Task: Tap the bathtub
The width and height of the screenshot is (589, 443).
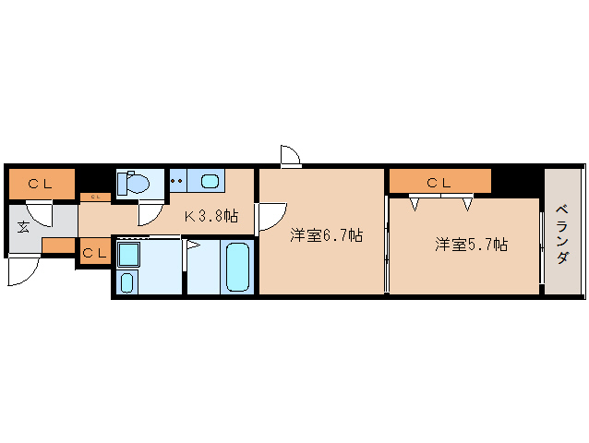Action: tap(237, 267)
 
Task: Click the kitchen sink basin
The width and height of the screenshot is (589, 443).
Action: tap(211, 180)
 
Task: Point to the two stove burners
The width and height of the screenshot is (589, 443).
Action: tap(178, 180)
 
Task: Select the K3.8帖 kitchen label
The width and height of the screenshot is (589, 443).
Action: tap(211, 217)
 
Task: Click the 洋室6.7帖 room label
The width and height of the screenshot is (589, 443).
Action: tap(326, 235)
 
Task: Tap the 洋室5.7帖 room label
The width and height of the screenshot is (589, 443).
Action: tap(471, 245)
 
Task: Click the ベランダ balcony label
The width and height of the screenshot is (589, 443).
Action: tap(562, 233)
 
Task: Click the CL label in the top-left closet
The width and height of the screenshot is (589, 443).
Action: tap(39, 183)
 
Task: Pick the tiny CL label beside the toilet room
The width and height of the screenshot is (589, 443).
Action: tap(94, 197)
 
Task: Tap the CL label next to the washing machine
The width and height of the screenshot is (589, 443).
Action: tap(93, 252)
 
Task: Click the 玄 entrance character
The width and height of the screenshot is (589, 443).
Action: tap(23, 227)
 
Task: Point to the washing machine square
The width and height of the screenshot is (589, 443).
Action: tap(128, 254)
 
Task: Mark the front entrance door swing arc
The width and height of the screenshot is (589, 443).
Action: tap(24, 270)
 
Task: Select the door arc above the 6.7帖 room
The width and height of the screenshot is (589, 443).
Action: tap(290, 156)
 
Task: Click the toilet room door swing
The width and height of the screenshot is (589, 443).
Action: tap(147, 215)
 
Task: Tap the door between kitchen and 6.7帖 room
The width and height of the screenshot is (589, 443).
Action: tap(270, 216)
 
